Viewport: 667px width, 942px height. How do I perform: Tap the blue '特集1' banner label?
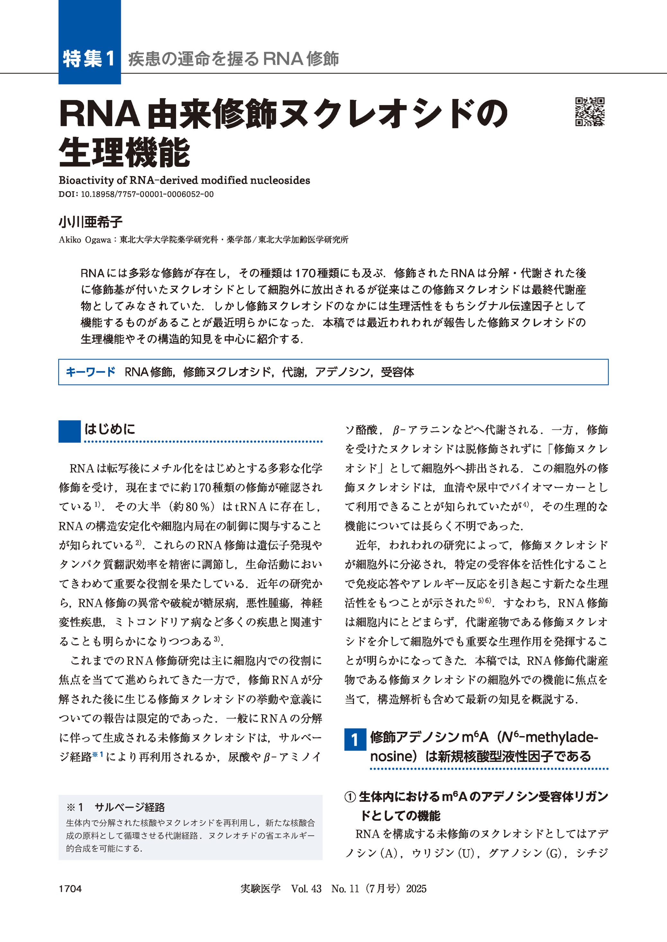[x=89, y=59]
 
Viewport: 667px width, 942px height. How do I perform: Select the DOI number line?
[x=136, y=194]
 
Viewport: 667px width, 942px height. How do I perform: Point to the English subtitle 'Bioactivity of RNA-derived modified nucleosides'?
[x=184, y=180]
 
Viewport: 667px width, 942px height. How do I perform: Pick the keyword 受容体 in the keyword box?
[x=397, y=372]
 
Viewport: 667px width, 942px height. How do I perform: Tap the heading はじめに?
[x=110, y=429]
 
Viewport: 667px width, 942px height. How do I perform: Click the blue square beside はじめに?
[x=69, y=431]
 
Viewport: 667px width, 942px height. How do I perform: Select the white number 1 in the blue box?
[x=354, y=740]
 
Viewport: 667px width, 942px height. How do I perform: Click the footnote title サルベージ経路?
[x=129, y=807]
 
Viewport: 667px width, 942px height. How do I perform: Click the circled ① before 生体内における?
[x=350, y=797]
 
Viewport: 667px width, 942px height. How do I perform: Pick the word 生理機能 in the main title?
[x=124, y=152]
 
